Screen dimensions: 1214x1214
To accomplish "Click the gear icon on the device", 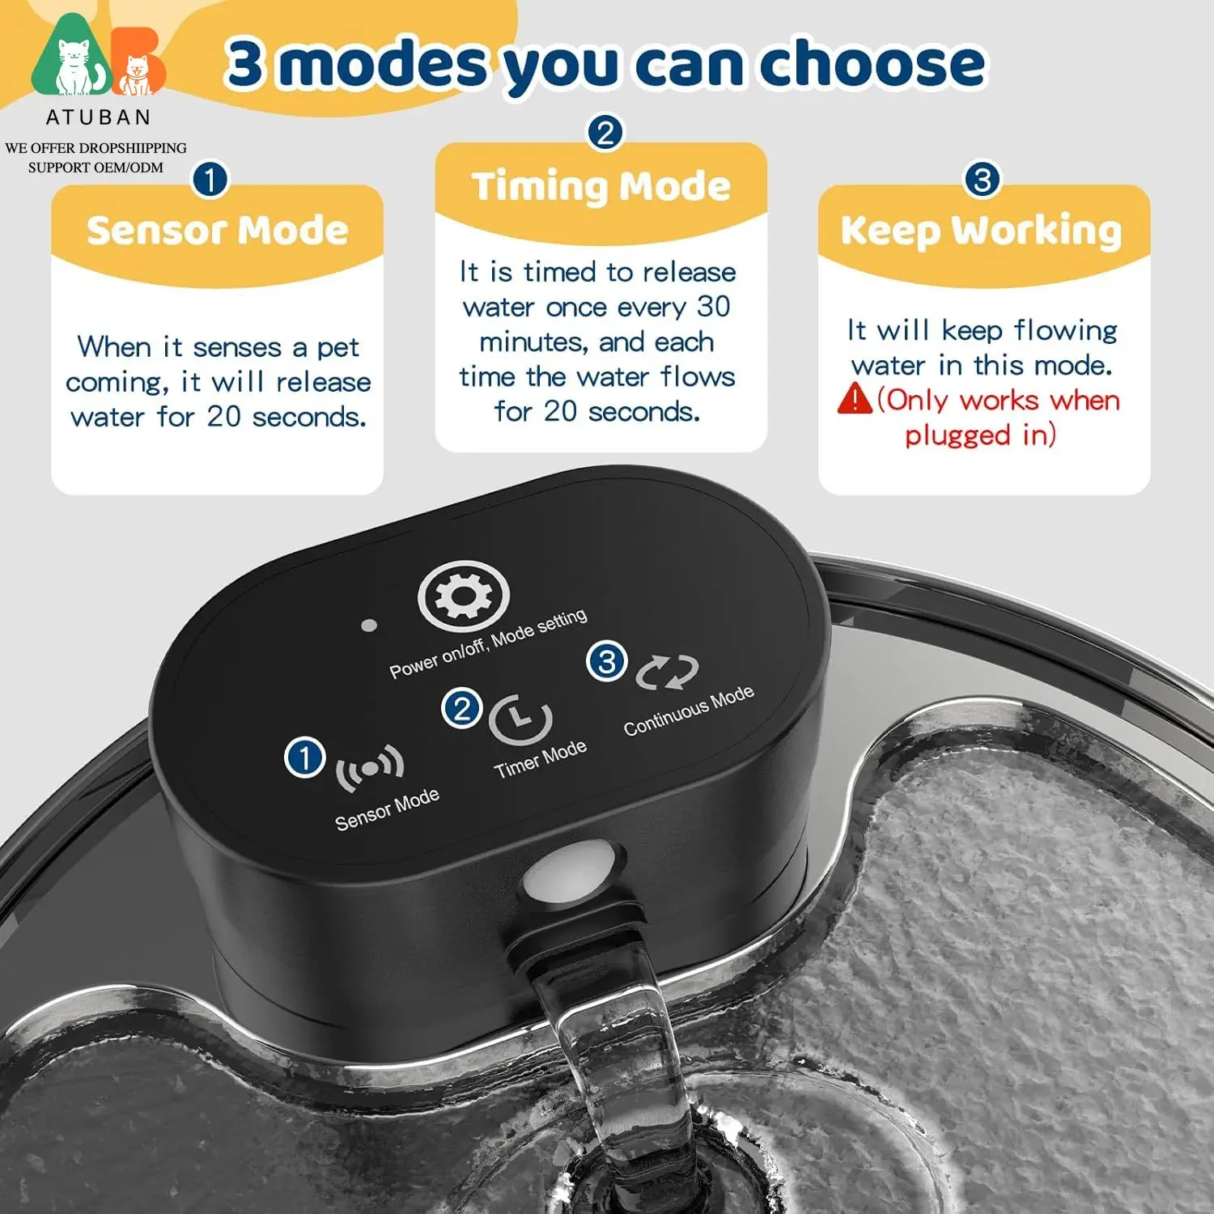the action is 463,596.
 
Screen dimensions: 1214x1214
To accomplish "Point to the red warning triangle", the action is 855,398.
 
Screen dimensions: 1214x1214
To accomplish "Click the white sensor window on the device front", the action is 570,871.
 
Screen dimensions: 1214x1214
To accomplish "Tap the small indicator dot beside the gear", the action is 369,626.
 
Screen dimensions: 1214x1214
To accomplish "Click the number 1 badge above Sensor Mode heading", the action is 210,179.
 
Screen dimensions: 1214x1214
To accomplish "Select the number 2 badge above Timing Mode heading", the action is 605,132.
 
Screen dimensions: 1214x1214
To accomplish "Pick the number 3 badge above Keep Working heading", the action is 983,179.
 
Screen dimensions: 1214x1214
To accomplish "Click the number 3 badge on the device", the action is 607,661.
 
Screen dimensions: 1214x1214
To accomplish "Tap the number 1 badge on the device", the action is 305,758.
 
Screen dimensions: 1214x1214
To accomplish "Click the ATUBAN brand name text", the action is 99,118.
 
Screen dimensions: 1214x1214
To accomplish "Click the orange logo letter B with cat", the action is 138,63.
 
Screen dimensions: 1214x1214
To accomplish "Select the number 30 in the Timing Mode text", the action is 714,307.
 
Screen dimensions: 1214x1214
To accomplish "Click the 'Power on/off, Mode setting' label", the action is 488,644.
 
